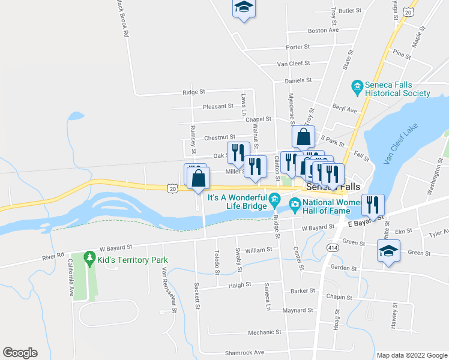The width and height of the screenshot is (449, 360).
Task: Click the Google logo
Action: pyautogui.click(x=20, y=353)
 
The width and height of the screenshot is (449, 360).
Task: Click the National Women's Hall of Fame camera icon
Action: pyautogui.click(x=295, y=206)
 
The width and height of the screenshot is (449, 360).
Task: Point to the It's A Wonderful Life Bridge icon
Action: pyautogui.click(x=275, y=197)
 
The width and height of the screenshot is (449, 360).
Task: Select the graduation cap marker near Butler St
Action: pyautogui.click(x=244, y=7)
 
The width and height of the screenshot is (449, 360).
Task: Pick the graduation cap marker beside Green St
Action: pyautogui.click(x=388, y=251)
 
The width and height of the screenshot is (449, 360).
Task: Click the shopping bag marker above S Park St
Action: pyautogui.click(x=304, y=137)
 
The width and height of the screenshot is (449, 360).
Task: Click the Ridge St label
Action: pyautogui.click(x=194, y=92)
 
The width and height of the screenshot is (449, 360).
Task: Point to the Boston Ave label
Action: pyautogui.click(x=323, y=30)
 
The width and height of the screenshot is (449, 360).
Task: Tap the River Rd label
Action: pyautogui.click(x=53, y=256)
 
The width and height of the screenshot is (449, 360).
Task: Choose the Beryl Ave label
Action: pyautogui.click(x=345, y=110)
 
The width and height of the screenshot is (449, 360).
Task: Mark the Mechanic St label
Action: pyautogui.click(x=265, y=332)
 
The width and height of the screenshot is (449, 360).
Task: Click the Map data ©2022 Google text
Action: pyautogui.click(x=412, y=355)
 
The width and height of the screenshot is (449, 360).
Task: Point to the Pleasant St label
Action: pyautogui.click(x=218, y=106)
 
